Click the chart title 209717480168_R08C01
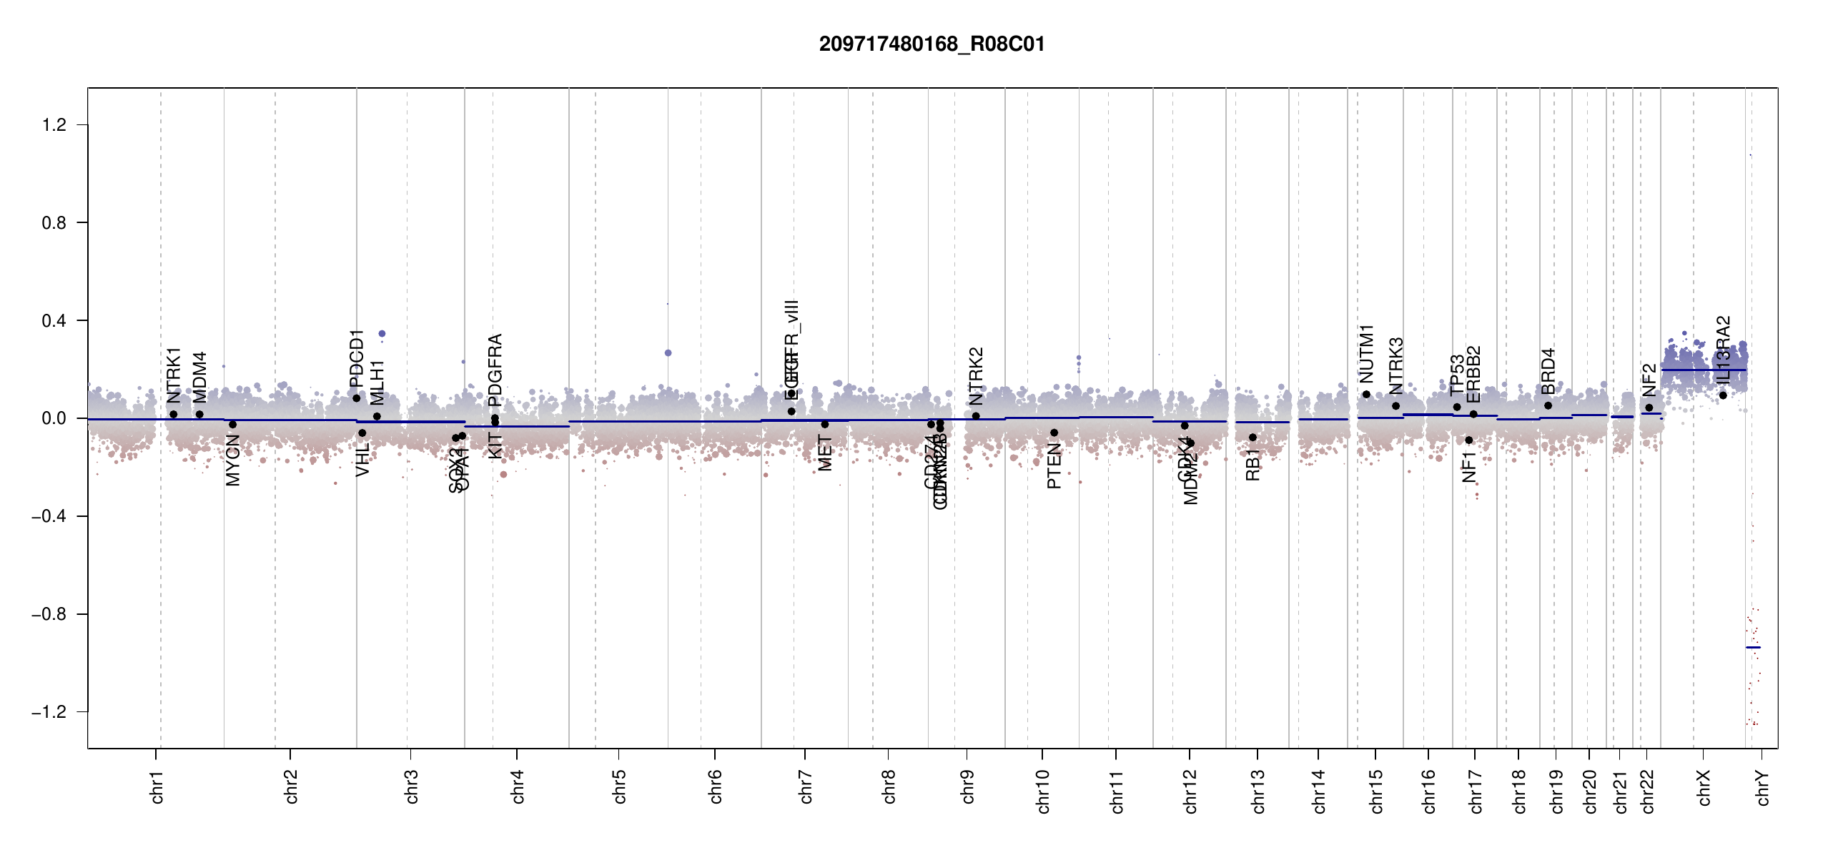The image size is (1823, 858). coord(932,44)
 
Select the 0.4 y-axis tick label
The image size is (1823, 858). coord(54,320)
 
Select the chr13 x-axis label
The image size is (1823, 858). coord(1258,791)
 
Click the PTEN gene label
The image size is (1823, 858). coord(1054,466)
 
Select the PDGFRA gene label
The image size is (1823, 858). coord(495,360)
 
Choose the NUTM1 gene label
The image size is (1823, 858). coord(1366,353)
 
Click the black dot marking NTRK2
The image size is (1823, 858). coord(976,416)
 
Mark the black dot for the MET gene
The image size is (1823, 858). coord(825,425)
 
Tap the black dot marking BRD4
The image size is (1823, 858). coord(1548,405)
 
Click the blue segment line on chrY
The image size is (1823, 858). coord(1753,647)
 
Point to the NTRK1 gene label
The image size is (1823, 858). coord(174,376)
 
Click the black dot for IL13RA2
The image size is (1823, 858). coord(1723,395)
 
